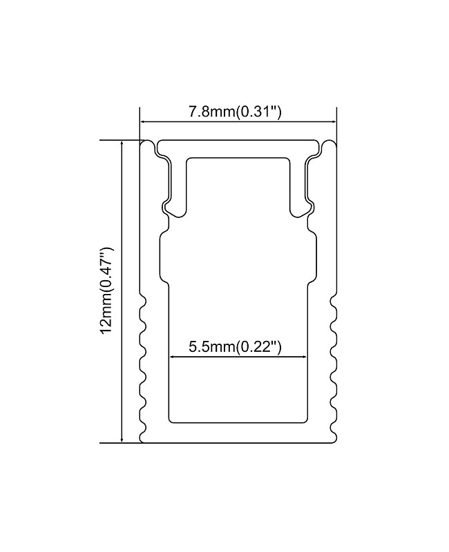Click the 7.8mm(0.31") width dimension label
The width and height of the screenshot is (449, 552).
pyautogui.click(x=236, y=112)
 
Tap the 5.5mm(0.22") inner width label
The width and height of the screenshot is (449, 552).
pyautogui.click(x=236, y=346)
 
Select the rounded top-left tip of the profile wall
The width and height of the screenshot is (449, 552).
pyautogui.click(x=146, y=143)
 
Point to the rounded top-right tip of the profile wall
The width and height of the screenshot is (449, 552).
pyautogui.click(x=329, y=143)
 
